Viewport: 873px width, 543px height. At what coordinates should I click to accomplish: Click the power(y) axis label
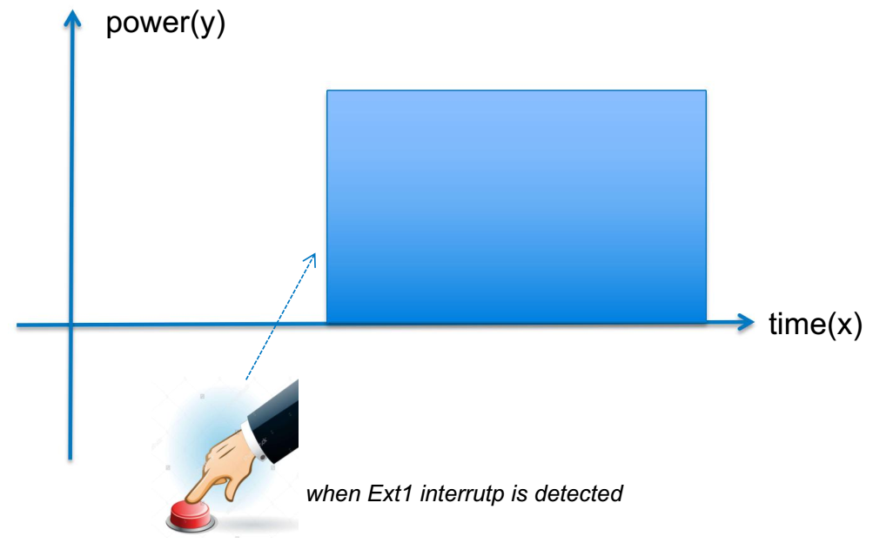165,24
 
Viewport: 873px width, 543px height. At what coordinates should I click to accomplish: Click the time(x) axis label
815,324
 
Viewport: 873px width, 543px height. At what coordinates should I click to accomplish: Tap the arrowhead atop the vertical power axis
72,19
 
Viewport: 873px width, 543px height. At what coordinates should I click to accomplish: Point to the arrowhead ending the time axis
745,322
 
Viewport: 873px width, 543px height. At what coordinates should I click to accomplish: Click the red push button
191,515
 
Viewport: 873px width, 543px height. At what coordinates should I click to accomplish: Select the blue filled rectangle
516,206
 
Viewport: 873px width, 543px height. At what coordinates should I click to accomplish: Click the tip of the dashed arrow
315,254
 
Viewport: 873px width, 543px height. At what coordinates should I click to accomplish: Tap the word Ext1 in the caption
389,493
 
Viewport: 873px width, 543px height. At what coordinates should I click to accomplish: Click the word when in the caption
332,493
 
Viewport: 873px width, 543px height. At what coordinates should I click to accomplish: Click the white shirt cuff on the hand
254,441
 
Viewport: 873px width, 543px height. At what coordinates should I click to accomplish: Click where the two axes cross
71,325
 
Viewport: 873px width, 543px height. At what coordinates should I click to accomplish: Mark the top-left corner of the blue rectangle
326,90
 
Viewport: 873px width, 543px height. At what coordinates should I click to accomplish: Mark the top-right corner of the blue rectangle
706,90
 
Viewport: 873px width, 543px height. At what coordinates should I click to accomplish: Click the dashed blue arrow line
280,317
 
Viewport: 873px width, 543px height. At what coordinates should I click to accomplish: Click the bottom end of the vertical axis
71,459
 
